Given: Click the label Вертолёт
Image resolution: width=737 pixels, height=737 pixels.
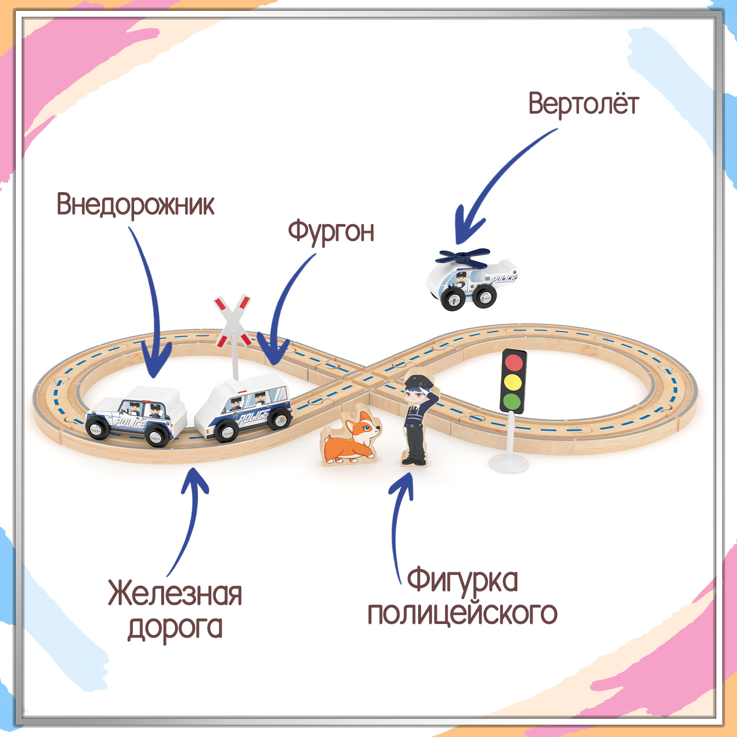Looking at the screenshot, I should pos(583,104).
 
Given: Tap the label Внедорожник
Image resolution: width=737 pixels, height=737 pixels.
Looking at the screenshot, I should pos(135,204).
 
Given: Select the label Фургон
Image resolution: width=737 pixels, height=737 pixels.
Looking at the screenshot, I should pos(331,231).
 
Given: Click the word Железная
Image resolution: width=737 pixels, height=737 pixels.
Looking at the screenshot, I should pos(175,594).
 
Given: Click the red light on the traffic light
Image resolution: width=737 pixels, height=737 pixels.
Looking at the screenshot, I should pos(513,362).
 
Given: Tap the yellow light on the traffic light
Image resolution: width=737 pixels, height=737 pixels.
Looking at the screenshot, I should pos(513,382).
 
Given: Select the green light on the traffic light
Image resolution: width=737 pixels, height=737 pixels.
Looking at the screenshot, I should pos(512,400).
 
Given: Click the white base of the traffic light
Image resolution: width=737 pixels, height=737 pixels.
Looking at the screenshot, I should pos(509,464).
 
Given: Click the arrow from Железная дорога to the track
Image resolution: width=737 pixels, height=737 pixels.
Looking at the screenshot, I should pos(189,521).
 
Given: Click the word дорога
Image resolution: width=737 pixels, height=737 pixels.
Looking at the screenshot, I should pos(175,627).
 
